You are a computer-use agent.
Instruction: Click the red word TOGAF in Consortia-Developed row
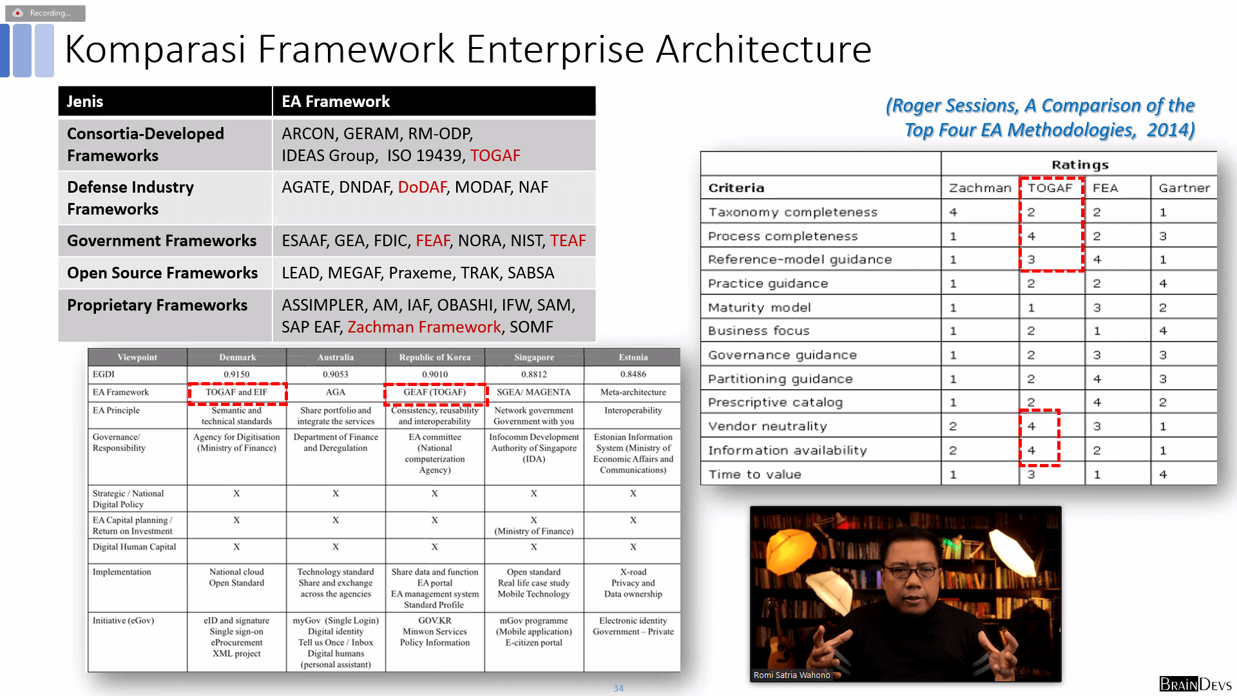click(x=495, y=155)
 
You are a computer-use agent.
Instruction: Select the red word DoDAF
click(x=422, y=187)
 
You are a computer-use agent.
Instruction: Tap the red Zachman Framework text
click(x=424, y=327)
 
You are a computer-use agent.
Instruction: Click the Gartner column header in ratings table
click(x=1184, y=188)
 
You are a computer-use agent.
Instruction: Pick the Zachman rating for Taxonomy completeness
click(x=953, y=212)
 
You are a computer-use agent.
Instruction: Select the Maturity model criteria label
click(x=759, y=307)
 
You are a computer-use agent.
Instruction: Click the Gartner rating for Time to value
click(x=1163, y=474)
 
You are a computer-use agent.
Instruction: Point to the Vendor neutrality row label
click(x=767, y=426)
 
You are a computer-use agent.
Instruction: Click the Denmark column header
click(x=237, y=357)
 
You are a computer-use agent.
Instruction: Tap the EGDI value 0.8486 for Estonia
click(x=633, y=374)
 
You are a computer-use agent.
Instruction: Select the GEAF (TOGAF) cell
click(x=435, y=392)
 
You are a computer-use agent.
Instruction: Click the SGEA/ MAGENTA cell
click(x=533, y=392)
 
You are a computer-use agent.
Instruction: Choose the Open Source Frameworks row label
click(x=162, y=273)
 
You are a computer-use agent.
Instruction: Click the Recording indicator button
click(x=45, y=13)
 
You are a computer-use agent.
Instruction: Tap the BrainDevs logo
click(x=1195, y=684)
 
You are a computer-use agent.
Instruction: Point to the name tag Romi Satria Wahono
click(x=792, y=675)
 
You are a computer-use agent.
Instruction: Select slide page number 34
click(x=618, y=688)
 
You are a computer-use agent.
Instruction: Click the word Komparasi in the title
click(x=155, y=50)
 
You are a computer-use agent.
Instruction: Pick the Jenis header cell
click(x=165, y=101)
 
